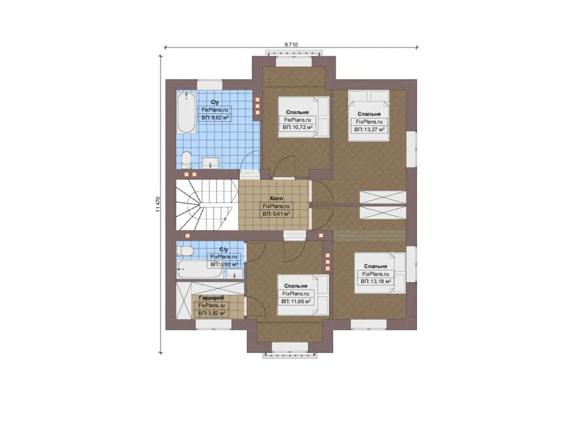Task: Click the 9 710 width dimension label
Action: pyautogui.click(x=291, y=45)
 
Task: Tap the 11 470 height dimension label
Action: pyautogui.click(x=158, y=204)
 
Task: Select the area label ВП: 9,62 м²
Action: pyautogui.click(x=215, y=118)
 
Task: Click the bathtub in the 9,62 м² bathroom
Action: pyautogui.click(x=186, y=113)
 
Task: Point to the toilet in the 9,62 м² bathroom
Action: pyautogui.click(x=186, y=160)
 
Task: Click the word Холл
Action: pyautogui.click(x=276, y=198)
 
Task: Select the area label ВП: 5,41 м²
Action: pyautogui.click(x=276, y=214)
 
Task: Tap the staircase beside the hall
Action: pyautogui.click(x=207, y=205)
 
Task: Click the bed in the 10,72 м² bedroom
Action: pyautogui.click(x=304, y=117)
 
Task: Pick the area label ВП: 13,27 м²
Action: pyautogui.click(x=369, y=129)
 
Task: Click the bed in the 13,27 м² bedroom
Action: pyautogui.click(x=369, y=116)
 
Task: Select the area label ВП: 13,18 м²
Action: pyautogui.click(x=376, y=282)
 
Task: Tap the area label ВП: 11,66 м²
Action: pyautogui.click(x=296, y=302)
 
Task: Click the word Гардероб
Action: pyautogui.click(x=211, y=297)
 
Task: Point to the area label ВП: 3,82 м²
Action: pyautogui.click(x=211, y=314)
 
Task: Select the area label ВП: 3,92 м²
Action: pyautogui.click(x=224, y=264)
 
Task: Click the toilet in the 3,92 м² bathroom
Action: pyautogui.click(x=184, y=251)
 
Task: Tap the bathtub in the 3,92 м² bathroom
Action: pyautogui.click(x=200, y=269)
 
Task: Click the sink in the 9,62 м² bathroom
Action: pyautogui.click(x=211, y=163)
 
